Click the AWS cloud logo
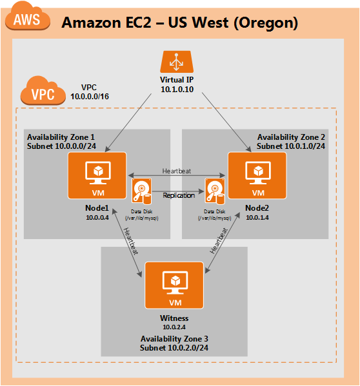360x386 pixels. (x=27, y=17)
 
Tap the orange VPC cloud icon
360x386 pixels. (x=43, y=91)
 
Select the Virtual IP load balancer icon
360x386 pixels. (x=177, y=62)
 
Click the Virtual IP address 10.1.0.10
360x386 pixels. (x=177, y=90)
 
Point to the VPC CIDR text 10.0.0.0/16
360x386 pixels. (x=90, y=97)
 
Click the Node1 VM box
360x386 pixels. (x=97, y=175)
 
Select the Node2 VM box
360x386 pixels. (x=257, y=175)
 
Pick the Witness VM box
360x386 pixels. (x=174, y=285)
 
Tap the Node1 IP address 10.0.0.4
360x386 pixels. (x=97, y=218)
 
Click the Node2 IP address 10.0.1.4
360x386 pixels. (x=257, y=218)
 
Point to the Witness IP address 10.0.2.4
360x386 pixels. (x=174, y=327)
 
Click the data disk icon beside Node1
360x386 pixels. (x=142, y=191)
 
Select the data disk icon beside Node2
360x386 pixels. (x=215, y=191)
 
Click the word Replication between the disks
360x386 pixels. (x=179, y=195)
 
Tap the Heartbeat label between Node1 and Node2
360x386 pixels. (x=176, y=171)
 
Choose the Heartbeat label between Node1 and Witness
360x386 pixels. (x=131, y=241)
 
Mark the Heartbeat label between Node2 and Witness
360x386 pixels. (x=219, y=241)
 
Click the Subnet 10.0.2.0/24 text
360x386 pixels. (x=174, y=348)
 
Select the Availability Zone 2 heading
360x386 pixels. (x=291, y=137)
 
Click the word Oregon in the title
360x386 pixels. (x=265, y=23)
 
